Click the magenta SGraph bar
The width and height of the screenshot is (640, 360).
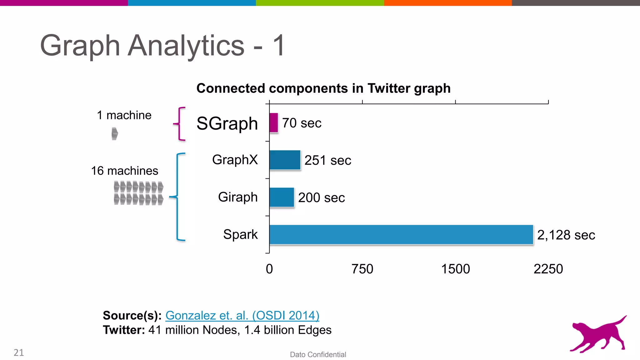click(274, 123)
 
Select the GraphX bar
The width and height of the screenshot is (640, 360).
click(285, 160)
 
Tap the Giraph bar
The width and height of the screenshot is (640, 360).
click(282, 197)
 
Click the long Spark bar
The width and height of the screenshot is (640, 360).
click(401, 234)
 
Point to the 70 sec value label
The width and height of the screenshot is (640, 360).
click(302, 123)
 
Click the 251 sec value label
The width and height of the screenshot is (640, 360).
click(327, 160)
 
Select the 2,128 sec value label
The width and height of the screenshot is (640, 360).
click(566, 235)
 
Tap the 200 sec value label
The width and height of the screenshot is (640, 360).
click(321, 197)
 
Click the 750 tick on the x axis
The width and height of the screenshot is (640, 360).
click(362, 269)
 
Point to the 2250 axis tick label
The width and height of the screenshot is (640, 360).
click(548, 269)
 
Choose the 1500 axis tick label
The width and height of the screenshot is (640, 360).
click(455, 269)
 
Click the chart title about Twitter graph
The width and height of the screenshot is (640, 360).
click(323, 88)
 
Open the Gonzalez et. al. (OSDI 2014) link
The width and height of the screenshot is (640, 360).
click(242, 315)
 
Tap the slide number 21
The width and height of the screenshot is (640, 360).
click(19, 352)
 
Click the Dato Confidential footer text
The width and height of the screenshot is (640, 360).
click(318, 354)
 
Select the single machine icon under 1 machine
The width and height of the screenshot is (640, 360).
click(115, 134)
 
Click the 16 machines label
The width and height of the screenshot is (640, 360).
click(124, 171)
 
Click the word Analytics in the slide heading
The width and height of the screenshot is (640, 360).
click(186, 46)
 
